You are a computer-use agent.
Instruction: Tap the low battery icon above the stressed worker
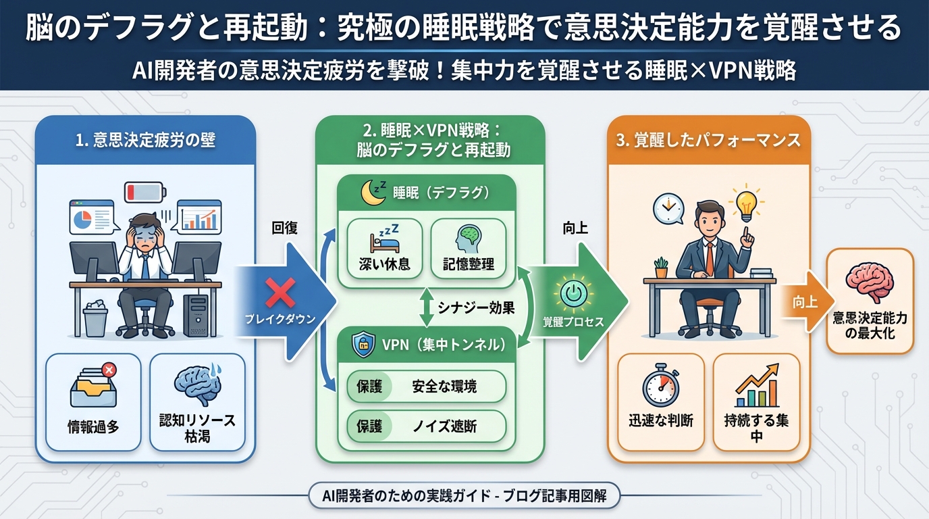pos(144,191)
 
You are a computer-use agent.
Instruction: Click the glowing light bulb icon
pos(746,201)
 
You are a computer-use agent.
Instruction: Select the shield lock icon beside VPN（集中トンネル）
pos(360,345)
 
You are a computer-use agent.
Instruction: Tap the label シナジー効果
pos(477,308)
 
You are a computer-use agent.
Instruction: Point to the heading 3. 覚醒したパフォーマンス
pos(708,140)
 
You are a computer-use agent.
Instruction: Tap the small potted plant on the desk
pos(661,268)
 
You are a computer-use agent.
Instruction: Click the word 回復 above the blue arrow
pos(284,228)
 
